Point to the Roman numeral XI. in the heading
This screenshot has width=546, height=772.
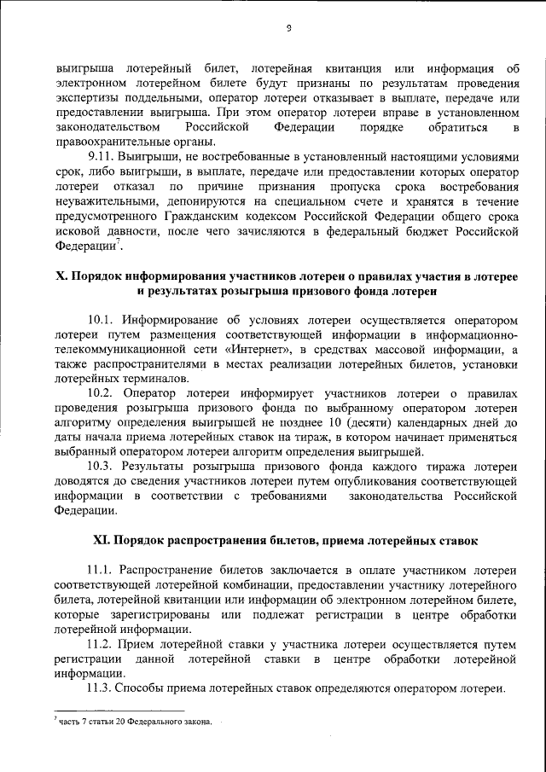point(103,539)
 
